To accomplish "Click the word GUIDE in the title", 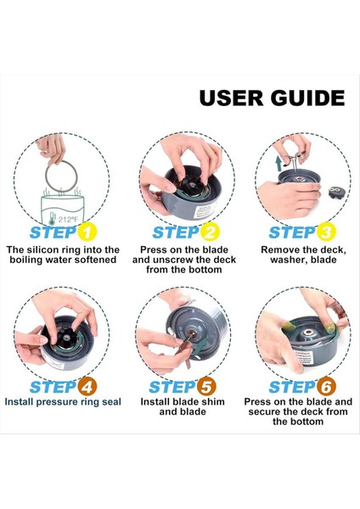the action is click(307, 98).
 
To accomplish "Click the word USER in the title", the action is click(231, 98).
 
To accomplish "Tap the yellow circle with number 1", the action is click(87, 232).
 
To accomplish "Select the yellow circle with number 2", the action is click(210, 232).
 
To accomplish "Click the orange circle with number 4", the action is click(87, 387).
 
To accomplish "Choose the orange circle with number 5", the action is click(206, 387).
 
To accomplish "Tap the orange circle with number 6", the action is click(326, 387).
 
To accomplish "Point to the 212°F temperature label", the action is click(68, 220).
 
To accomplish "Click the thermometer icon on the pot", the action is click(53, 219).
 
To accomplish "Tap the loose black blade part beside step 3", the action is click(336, 192).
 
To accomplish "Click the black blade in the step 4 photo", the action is click(67, 338).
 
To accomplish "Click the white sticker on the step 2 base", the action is click(204, 211).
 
